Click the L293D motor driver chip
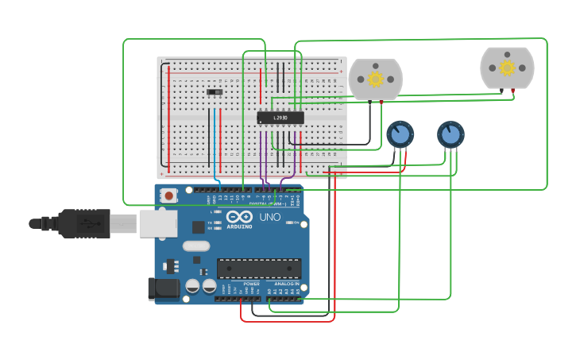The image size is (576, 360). [x=280, y=118]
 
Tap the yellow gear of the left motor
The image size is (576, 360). [x=375, y=79]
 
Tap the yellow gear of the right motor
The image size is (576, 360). [x=507, y=67]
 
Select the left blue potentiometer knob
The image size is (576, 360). [x=400, y=134]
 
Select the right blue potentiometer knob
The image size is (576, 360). [x=450, y=134]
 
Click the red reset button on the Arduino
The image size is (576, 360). [x=169, y=195]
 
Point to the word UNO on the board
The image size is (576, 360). [x=270, y=217]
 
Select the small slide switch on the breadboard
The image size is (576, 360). [x=215, y=92]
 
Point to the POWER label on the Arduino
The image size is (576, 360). [x=251, y=284]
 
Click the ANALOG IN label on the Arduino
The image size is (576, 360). [x=287, y=284]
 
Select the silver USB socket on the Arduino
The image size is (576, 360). [x=158, y=224]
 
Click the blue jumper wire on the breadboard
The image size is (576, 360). [x=215, y=143]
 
